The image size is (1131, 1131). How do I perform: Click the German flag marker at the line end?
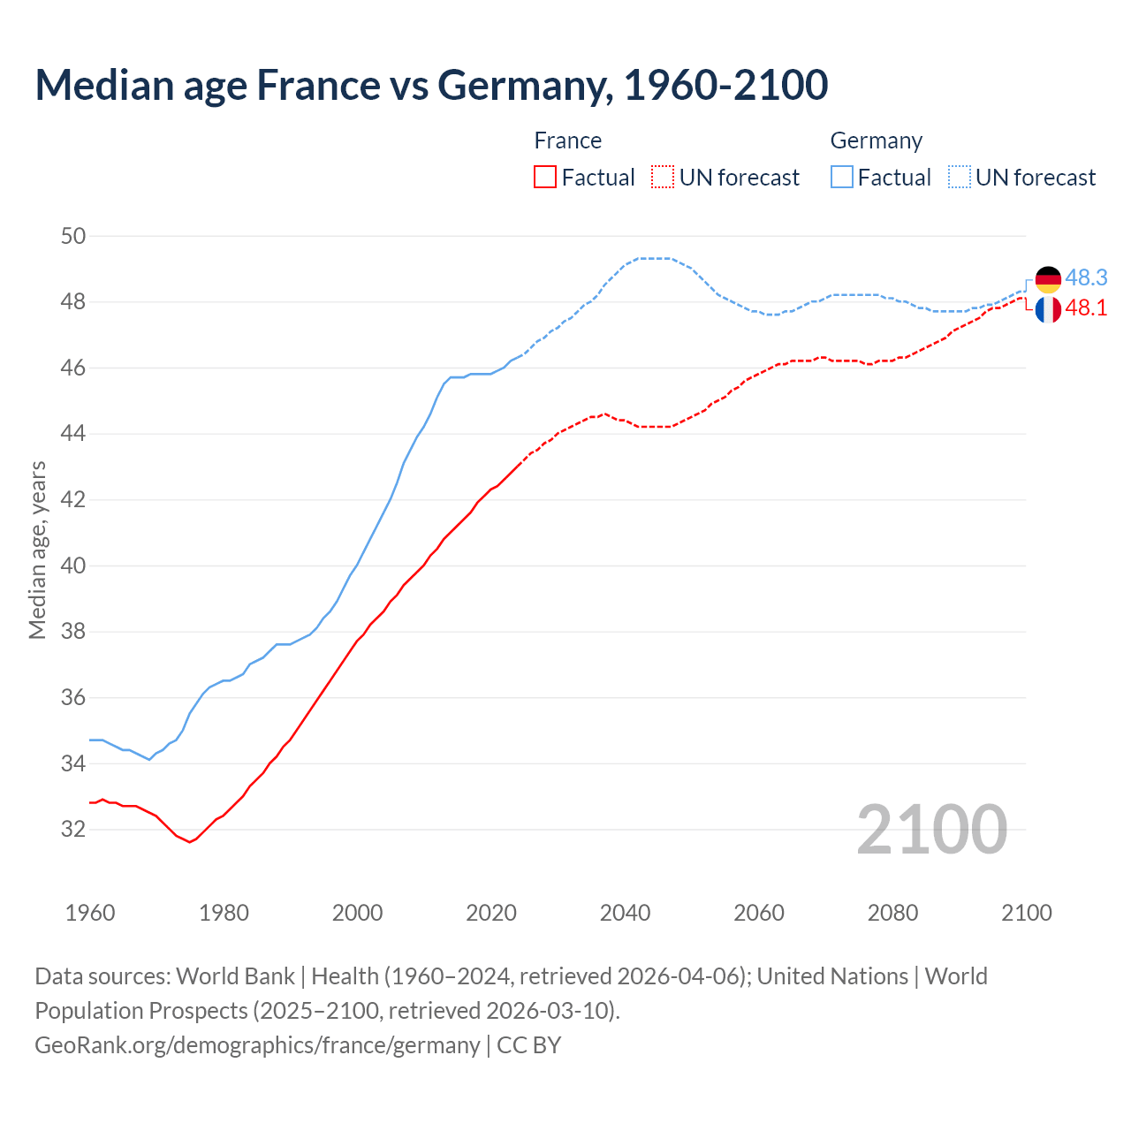1048,279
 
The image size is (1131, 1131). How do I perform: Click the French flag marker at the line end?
1048,309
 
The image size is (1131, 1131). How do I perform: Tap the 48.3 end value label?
1086,277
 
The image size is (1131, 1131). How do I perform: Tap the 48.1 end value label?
1086,307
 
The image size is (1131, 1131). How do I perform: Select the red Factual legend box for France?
545,178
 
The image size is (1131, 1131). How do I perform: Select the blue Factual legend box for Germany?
842,178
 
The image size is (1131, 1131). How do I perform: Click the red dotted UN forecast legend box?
663,178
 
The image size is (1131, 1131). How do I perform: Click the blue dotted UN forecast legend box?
960,178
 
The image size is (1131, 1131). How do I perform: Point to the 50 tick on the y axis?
73,236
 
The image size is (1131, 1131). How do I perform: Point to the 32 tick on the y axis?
73,829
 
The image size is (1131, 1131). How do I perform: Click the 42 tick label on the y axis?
73,499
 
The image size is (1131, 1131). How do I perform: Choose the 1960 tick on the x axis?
90,913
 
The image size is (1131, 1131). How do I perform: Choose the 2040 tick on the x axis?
625,913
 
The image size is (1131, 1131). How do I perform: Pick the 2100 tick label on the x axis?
1026,913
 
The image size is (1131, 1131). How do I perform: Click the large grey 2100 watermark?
931,829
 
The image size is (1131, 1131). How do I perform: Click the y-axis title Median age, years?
37,550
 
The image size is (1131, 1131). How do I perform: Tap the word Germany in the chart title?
525,85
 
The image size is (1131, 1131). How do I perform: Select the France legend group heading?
567,140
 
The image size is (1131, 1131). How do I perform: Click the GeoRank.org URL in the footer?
257,1045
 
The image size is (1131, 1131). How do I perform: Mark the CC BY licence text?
528,1045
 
